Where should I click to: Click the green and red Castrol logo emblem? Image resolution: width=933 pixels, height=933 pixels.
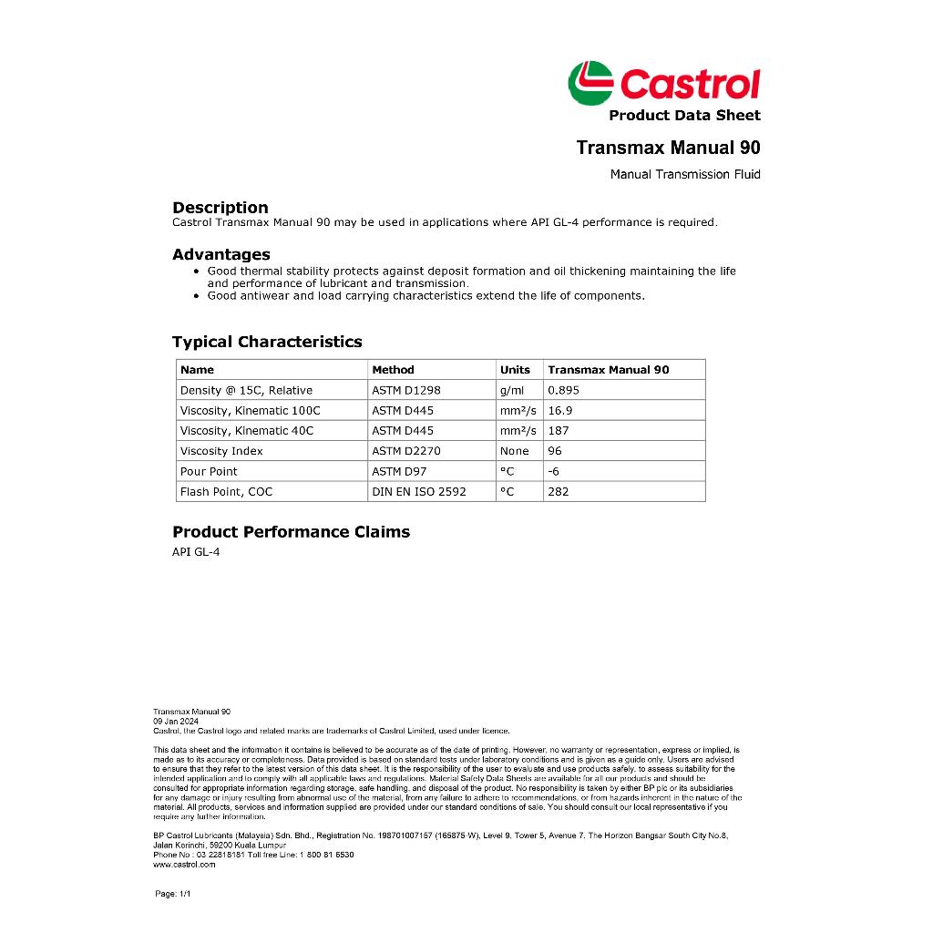click(590, 82)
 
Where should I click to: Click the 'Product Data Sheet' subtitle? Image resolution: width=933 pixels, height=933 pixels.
click(684, 115)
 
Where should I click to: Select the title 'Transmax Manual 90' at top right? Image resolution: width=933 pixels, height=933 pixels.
click(668, 148)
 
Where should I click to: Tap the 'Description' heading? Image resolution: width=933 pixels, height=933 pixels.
click(220, 208)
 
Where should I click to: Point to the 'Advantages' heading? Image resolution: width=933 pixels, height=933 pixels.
click(221, 254)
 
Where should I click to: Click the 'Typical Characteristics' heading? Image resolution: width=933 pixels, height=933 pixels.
click(267, 342)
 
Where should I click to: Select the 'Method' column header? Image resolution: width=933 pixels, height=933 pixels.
click(393, 370)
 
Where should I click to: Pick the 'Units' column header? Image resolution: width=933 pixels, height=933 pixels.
click(515, 370)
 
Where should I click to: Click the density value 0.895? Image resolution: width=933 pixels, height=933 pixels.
click(563, 390)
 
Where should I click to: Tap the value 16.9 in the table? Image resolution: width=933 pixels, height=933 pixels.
click(560, 410)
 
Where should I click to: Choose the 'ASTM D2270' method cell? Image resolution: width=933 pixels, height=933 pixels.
click(406, 451)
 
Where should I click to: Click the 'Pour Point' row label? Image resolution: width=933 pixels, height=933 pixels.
click(209, 471)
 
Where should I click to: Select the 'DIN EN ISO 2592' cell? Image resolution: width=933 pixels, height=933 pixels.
click(419, 491)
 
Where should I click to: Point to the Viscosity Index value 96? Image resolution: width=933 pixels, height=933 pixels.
click(555, 451)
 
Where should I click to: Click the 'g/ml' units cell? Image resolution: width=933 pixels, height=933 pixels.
click(512, 390)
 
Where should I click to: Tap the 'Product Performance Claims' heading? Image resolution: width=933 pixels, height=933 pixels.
click(291, 532)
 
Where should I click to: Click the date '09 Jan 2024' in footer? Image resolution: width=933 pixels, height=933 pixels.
click(176, 721)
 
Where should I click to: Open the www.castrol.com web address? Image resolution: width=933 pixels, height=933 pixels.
click(185, 865)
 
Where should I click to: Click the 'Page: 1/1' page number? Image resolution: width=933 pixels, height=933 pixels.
click(173, 894)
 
